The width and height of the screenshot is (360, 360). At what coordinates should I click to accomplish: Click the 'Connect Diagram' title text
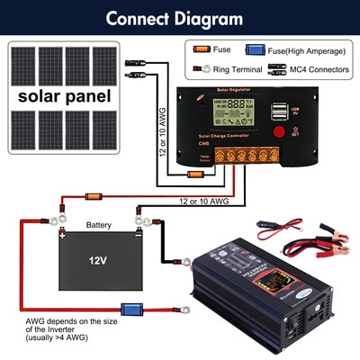click(x=180, y=17)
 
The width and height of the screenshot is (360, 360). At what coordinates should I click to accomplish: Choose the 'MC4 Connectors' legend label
click(x=306, y=68)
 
